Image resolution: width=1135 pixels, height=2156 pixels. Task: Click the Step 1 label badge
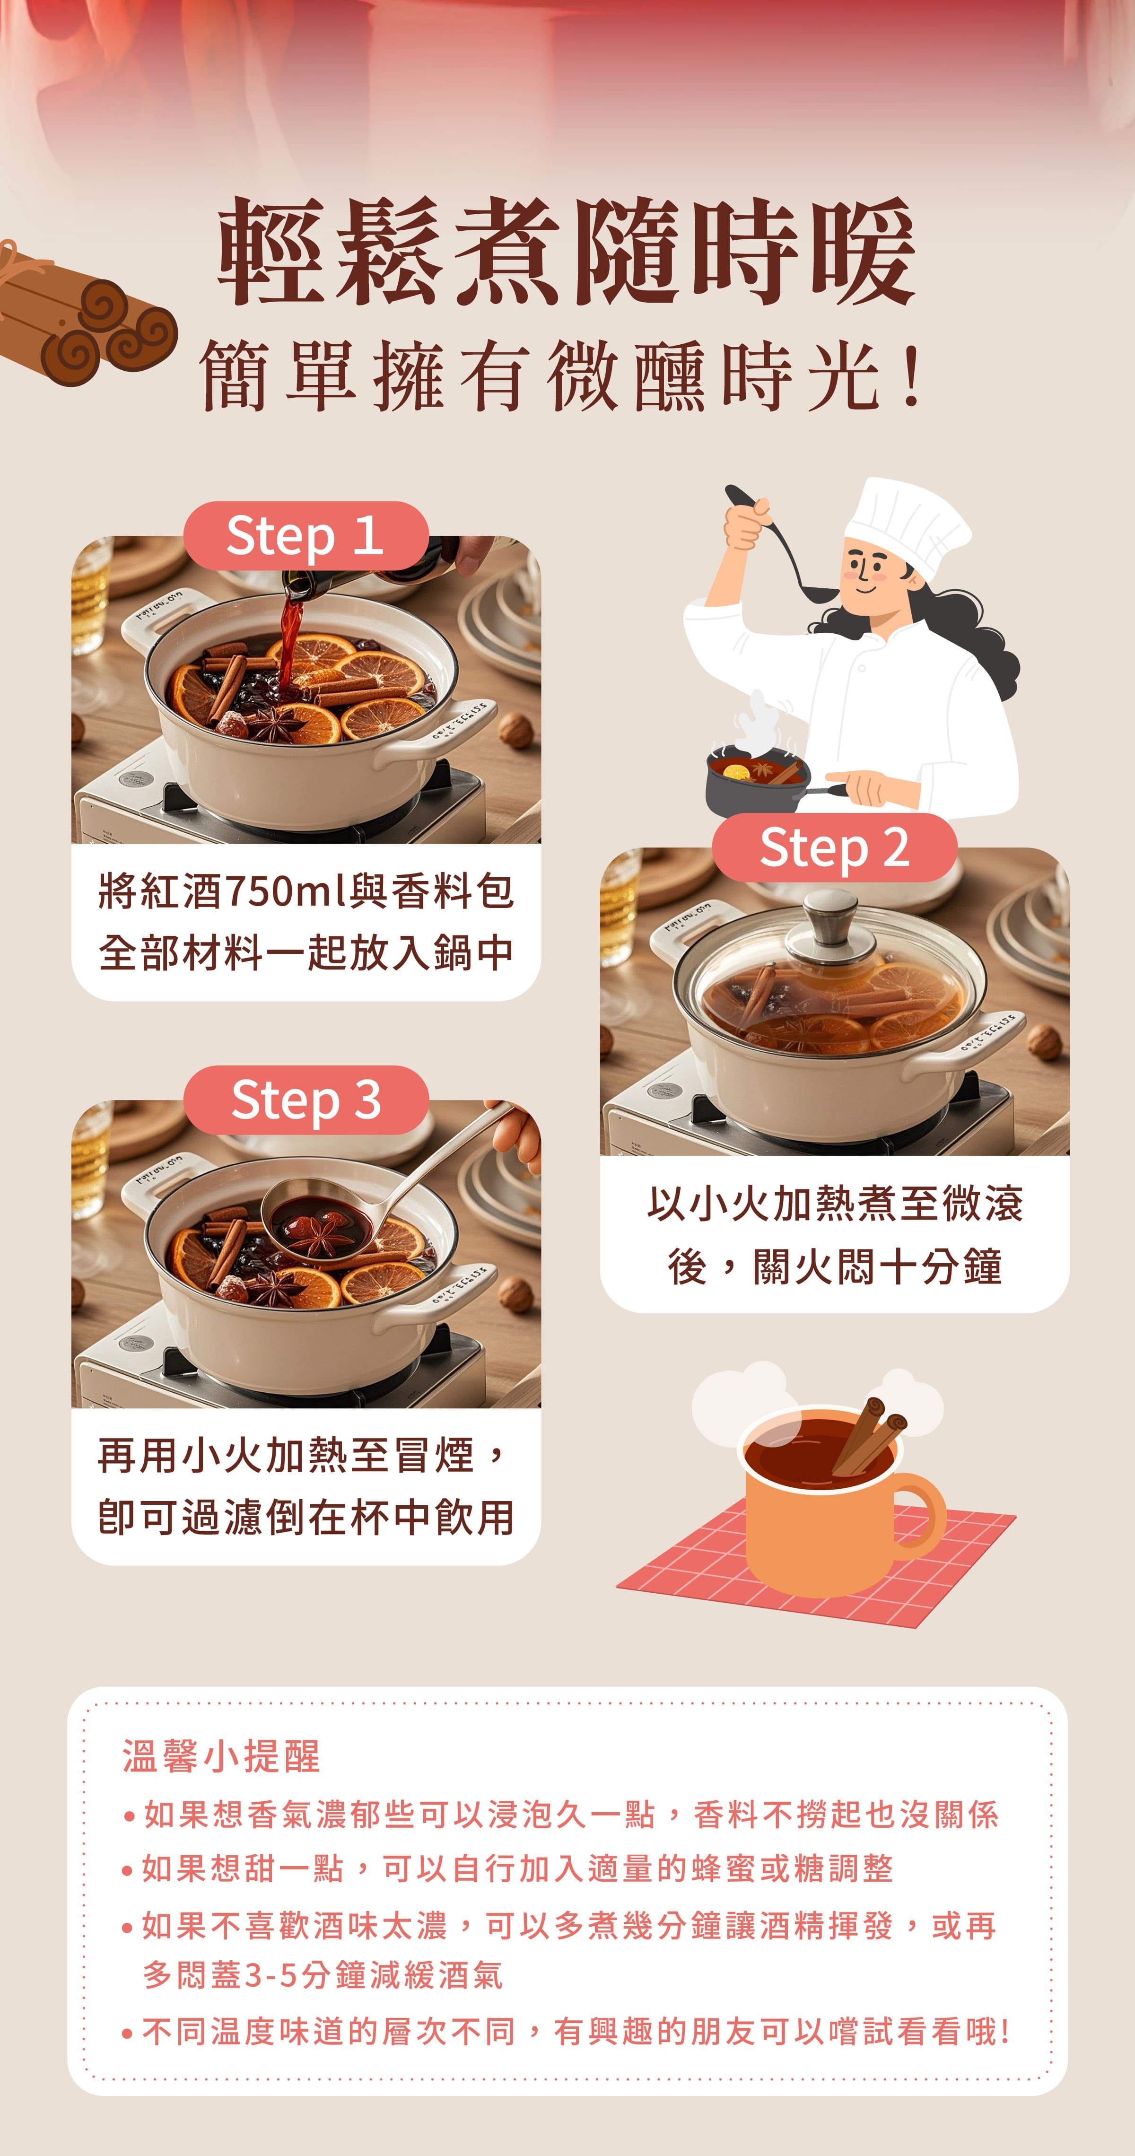tap(306, 536)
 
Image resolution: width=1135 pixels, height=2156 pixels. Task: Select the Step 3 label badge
tap(306, 1100)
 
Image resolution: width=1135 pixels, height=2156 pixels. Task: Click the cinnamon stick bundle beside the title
tap(84, 322)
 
